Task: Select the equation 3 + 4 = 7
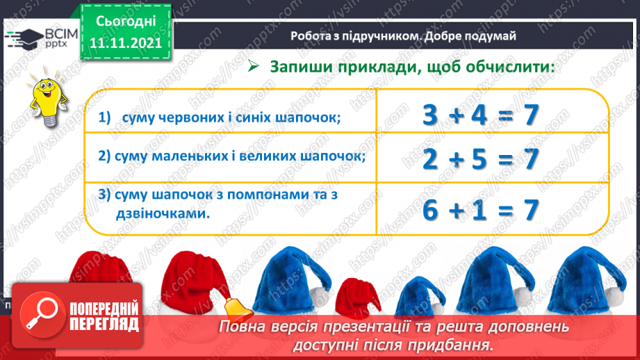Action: (x=482, y=116)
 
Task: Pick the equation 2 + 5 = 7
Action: (x=482, y=160)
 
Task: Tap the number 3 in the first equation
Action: (x=432, y=116)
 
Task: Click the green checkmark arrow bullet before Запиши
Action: (x=253, y=67)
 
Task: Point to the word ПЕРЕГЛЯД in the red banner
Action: (x=104, y=324)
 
